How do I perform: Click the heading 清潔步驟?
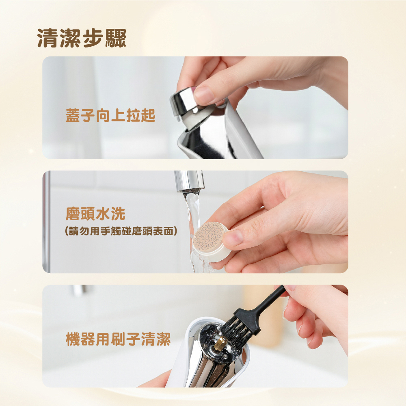point(82,38)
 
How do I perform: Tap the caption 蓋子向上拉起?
point(110,115)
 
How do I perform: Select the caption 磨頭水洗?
point(95,214)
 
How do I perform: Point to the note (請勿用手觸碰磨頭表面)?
point(121,231)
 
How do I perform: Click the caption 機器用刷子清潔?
point(118,339)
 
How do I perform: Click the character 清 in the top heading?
point(48,38)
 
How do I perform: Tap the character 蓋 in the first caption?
point(73,115)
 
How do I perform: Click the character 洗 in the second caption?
point(118,214)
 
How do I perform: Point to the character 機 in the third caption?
point(73,339)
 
